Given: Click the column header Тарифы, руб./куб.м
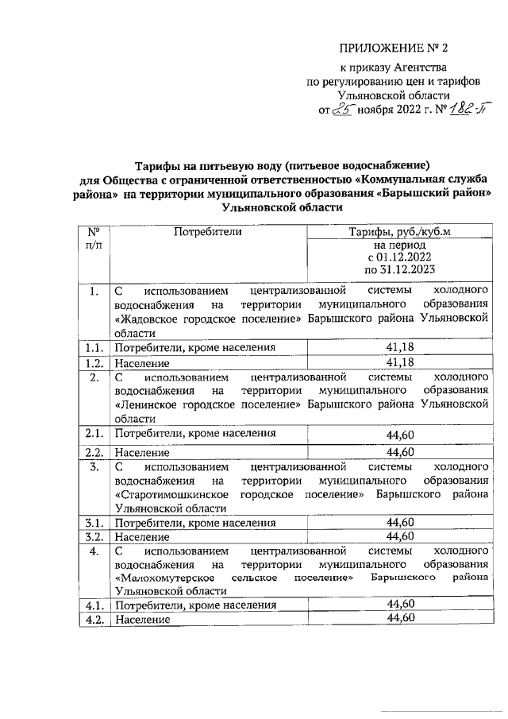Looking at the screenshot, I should [400, 232].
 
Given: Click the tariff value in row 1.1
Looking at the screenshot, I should [400, 347].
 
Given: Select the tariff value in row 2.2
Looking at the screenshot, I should [400, 452].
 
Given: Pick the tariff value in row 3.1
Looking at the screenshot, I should [400, 522].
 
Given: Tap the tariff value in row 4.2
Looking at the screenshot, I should [400, 618].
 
